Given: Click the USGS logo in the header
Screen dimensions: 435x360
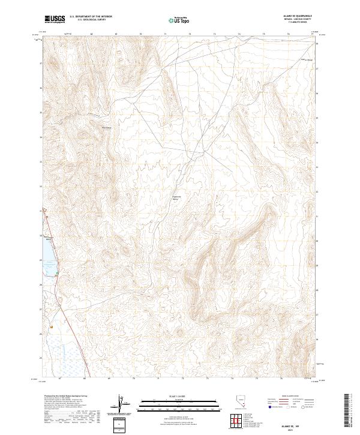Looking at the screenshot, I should (55, 20).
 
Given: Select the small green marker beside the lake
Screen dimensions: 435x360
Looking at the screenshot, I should (56, 274).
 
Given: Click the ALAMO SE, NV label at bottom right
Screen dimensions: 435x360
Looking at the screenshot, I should (297, 425).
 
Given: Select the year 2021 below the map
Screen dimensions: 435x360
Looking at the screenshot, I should (297, 430).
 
